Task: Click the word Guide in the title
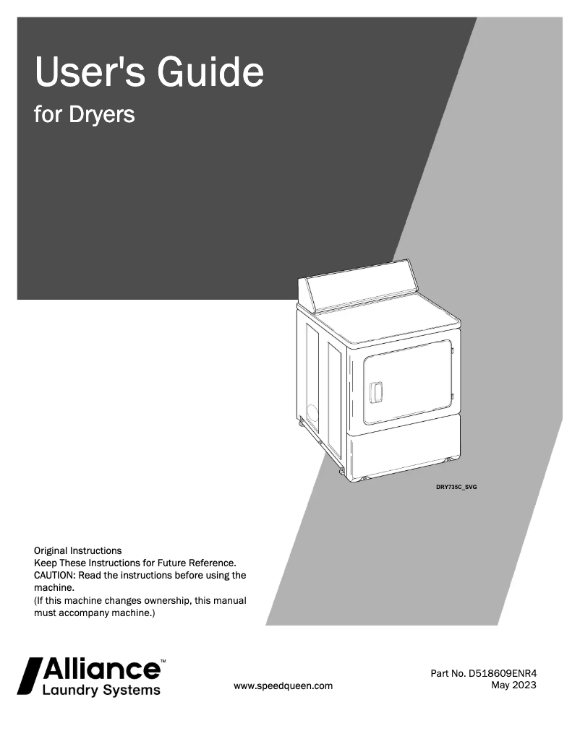tap(210, 72)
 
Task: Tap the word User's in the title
tap(90, 72)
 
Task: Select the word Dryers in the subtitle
tap(102, 115)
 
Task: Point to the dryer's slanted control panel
tap(359, 285)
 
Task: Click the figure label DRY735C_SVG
tap(456, 488)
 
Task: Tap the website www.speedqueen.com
tap(283, 686)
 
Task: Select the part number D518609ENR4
tap(503, 674)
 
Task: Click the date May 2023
tap(513, 685)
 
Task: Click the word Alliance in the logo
tap(102, 669)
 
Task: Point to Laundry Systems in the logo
tap(101, 690)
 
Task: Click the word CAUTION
tap(54, 576)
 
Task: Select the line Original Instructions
tap(78, 551)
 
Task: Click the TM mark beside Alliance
tap(163, 662)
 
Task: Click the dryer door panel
tap(407, 382)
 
